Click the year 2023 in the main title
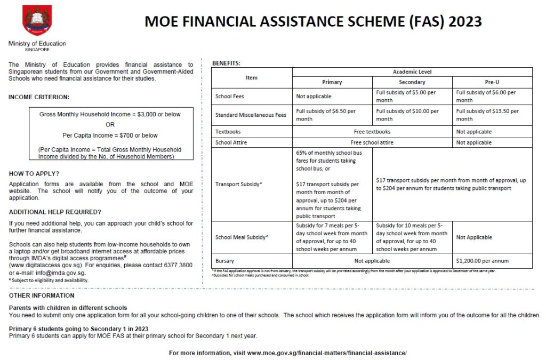pyautogui.click(x=465, y=21)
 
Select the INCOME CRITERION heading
pyautogui.click(x=39, y=97)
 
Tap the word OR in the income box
pyautogui.click(x=110, y=125)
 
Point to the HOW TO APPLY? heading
pyautogui.click(x=34, y=174)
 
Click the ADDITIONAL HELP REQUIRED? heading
pyautogui.click(x=55, y=212)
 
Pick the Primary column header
pyautogui.click(x=332, y=82)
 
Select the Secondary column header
pyautogui.click(x=412, y=82)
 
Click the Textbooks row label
pyautogui.click(x=228, y=132)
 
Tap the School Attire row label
pyautogui.click(x=231, y=142)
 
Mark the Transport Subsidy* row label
pyautogui.click(x=238, y=184)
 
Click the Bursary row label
pyautogui.click(x=224, y=261)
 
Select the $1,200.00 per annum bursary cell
pyautogui.click(x=483, y=261)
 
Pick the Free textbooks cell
pyautogui.click(x=372, y=132)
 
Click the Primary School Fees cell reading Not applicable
pyautogui.click(x=314, y=97)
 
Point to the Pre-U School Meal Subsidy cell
pyautogui.click(x=474, y=237)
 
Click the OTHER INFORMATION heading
pyautogui.click(x=42, y=295)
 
